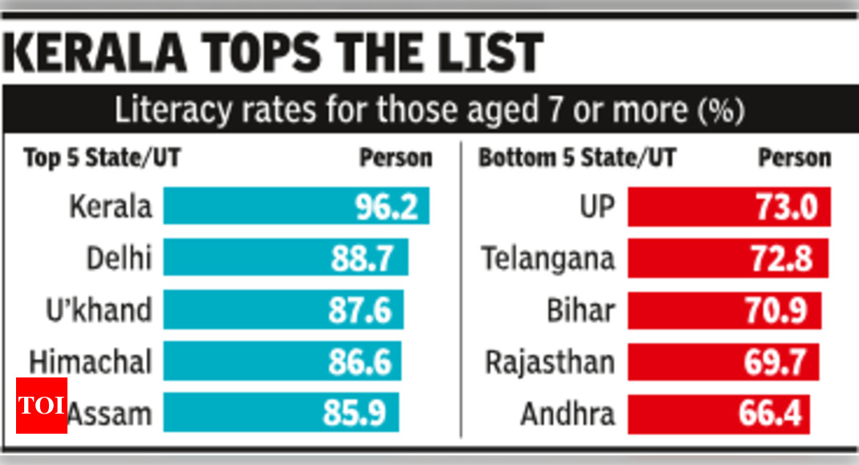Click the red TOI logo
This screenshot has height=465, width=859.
point(41,406)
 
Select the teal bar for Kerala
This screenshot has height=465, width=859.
point(296,206)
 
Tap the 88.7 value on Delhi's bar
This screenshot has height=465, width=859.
point(362,259)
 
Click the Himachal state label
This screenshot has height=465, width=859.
point(90,361)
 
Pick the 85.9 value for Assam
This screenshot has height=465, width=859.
point(355,414)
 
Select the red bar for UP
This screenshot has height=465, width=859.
point(728,206)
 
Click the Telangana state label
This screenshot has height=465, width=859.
point(548,259)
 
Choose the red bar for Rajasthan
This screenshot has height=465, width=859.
point(723,362)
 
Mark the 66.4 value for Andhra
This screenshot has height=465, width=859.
point(770,414)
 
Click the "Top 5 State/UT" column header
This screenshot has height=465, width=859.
point(102,158)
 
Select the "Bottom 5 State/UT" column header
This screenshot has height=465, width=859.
point(577,158)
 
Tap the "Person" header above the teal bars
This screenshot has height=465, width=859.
point(395,158)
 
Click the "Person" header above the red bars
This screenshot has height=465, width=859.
point(794,158)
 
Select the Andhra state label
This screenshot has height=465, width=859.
point(568,414)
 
